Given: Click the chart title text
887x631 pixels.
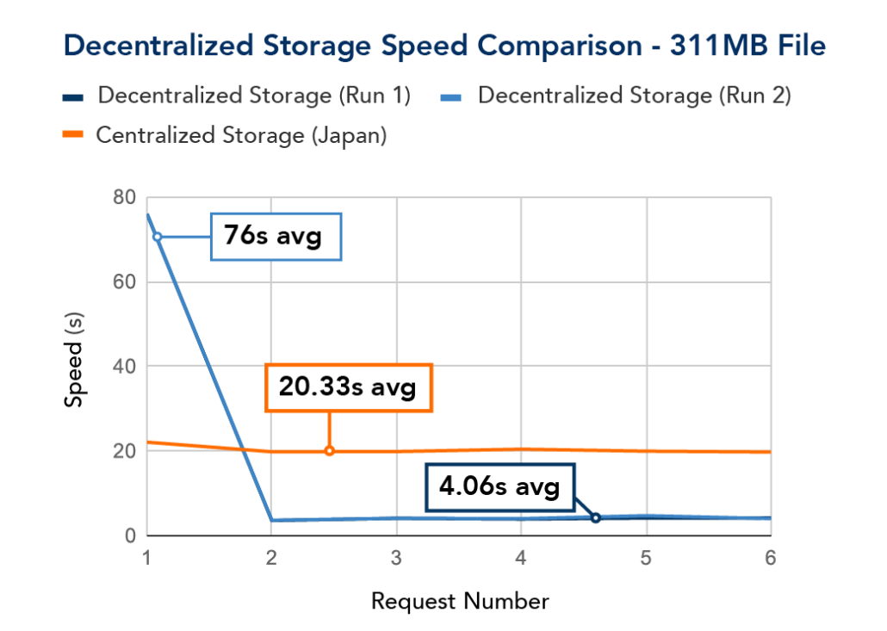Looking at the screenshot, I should pyautogui.click(x=444, y=46).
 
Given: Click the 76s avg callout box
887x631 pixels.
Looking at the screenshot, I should pyautogui.click(x=276, y=236).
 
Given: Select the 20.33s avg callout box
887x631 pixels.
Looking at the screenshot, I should pyautogui.click(x=347, y=388).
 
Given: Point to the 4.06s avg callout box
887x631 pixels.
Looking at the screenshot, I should pyautogui.click(x=499, y=488).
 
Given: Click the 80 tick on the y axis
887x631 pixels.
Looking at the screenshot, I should pyautogui.click(x=125, y=198).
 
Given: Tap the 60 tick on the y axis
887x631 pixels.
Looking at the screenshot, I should pyautogui.click(x=125, y=282).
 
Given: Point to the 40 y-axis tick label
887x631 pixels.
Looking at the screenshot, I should pyautogui.click(x=125, y=367).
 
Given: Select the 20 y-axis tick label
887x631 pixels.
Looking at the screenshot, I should pyautogui.click(x=125, y=451).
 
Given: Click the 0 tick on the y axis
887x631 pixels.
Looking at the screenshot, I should pyautogui.click(x=131, y=535).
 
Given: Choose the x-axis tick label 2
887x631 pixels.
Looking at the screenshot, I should pyautogui.click(x=271, y=558).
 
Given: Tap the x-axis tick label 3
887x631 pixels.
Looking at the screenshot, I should pyautogui.click(x=396, y=558).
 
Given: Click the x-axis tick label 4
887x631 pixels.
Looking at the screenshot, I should pyautogui.click(x=521, y=558).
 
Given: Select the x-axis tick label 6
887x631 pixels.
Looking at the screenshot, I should pyautogui.click(x=770, y=558).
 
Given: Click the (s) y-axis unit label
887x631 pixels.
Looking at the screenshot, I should pyautogui.click(x=75, y=324).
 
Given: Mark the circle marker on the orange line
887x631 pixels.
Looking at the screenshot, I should pyautogui.click(x=330, y=451).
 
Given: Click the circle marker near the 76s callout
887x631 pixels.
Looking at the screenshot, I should pyautogui.click(x=157, y=237).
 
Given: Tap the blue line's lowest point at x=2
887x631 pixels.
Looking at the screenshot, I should pyautogui.click(x=272, y=519).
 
